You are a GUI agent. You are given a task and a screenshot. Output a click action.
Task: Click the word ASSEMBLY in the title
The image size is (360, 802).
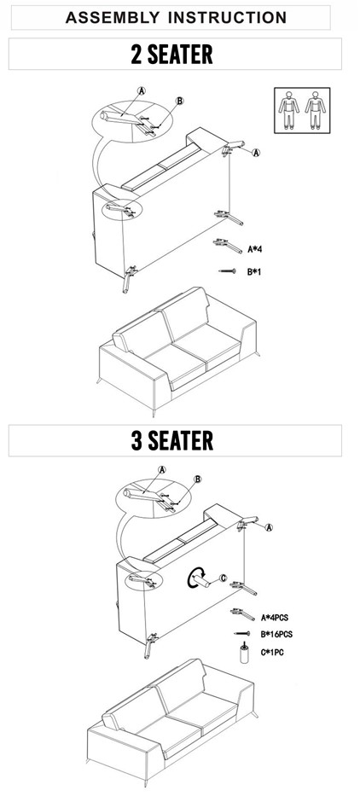pyautogui.click(x=113, y=18)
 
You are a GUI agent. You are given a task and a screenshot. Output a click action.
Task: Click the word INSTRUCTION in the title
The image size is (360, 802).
pyautogui.click(x=228, y=18)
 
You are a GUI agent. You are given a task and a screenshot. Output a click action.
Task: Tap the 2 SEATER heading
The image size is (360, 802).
pyautogui.click(x=171, y=55)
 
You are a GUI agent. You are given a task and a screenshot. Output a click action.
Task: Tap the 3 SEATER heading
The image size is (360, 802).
pyautogui.click(x=172, y=441)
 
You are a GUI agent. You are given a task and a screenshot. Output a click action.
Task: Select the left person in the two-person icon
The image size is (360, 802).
pyautogui.click(x=289, y=110)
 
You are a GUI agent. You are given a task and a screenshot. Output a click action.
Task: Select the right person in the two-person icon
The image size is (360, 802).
pyautogui.click(x=316, y=110)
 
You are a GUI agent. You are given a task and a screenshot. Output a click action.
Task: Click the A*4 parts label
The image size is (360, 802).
pyautogui.click(x=255, y=250)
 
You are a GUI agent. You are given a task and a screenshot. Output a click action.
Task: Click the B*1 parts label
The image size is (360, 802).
pyautogui.click(x=255, y=272)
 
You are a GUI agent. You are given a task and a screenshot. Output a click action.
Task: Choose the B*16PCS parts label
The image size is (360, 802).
pyautogui.click(x=276, y=634)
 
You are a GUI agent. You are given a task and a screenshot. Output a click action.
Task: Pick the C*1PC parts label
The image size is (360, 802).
pyautogui.click(x=272, y=652)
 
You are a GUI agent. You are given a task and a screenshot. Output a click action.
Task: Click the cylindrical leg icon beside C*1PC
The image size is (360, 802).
pyautogui.click(x=245, y=653)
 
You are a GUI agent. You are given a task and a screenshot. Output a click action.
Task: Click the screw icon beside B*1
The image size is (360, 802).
pyautogui.click(x=227, y=271)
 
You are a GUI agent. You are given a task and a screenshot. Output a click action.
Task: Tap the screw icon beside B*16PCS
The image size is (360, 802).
pyautogui.click(x=242, y=633)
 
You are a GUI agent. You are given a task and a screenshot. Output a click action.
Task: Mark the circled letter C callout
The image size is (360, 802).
pyautogui.click(x=223, y=578)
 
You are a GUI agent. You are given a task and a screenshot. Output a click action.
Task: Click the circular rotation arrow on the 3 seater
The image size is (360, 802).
pyautogui.click(x=195, y=578)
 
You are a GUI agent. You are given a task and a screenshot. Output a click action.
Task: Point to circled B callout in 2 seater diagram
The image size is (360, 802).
pyautogui.click(x=179, y=101)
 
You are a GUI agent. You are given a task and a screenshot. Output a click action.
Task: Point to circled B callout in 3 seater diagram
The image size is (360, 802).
pyautogui.click(x=198, y=479)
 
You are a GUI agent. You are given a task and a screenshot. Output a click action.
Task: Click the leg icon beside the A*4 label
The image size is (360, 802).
pyautogui.click(x=228, y=246)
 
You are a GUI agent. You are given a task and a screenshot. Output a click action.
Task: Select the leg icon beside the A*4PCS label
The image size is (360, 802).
pyautogui.click(x=243, y=613)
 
